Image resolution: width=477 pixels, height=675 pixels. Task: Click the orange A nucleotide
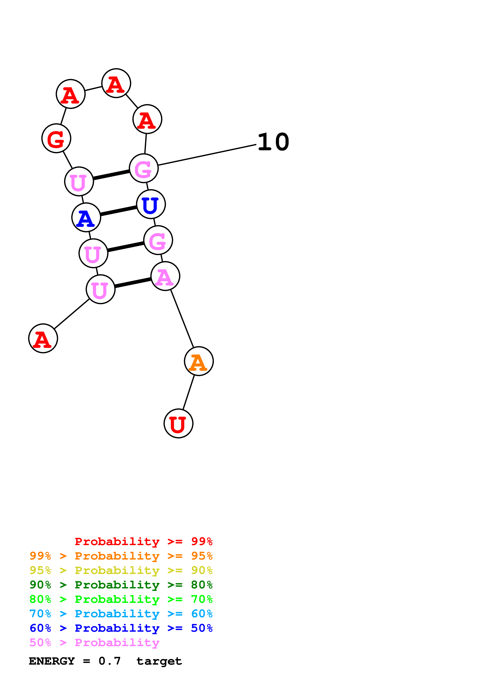[x=199, y=361]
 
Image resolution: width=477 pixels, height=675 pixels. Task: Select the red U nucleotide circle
[x=178, y=423]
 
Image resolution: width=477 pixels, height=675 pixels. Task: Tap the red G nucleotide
[x=56, y=138]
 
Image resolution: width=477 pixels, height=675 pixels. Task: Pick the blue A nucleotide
[x=86, y=217]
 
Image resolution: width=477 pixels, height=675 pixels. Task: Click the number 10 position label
[x=273, y=142]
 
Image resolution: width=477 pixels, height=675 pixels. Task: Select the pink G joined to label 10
[x=144, y=168]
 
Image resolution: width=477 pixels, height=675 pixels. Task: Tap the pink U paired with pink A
[x=100, y=289]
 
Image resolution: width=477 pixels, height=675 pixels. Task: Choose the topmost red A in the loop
[x=116, y=83]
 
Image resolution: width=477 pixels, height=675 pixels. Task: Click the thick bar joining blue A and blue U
[x=119, y=211]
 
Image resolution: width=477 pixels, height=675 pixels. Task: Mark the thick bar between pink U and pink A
[x=133, y=282]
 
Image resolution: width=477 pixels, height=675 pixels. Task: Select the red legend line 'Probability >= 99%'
[x=143, y=541]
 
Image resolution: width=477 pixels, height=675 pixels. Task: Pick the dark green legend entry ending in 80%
[x=121, y=585]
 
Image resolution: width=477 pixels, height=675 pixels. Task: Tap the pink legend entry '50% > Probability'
[x=94, y=642]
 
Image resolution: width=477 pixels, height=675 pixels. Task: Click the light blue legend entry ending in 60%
[x=121, y=614]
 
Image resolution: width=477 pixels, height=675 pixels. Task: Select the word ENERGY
[x=52, y=661]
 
